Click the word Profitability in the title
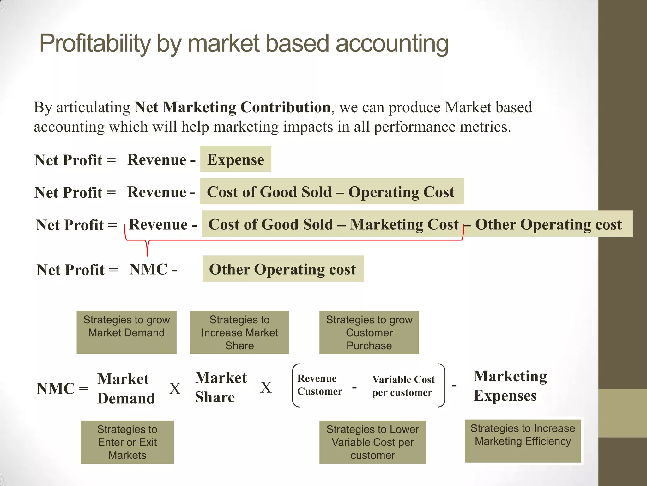coord(95,44)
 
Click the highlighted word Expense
coord(235,159)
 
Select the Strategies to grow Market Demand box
coord(126,332)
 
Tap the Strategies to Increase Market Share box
coord(239,332)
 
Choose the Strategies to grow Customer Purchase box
coord(369,332)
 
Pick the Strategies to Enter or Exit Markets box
coord(127,442)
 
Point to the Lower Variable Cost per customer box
coord(372,442)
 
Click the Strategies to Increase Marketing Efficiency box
coord(523,441)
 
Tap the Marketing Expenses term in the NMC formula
coord(510,386)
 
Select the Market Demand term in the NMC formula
coord(126,389)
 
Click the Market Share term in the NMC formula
coord(221,387)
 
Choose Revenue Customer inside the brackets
coord(319,385)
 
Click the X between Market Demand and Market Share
coord(175,389)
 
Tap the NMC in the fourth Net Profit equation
coord(148,270)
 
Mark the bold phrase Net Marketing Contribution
coord(232,107)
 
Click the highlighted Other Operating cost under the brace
coord(282,269)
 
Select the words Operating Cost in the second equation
coord(401,192)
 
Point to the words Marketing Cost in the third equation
coord(404,224)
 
